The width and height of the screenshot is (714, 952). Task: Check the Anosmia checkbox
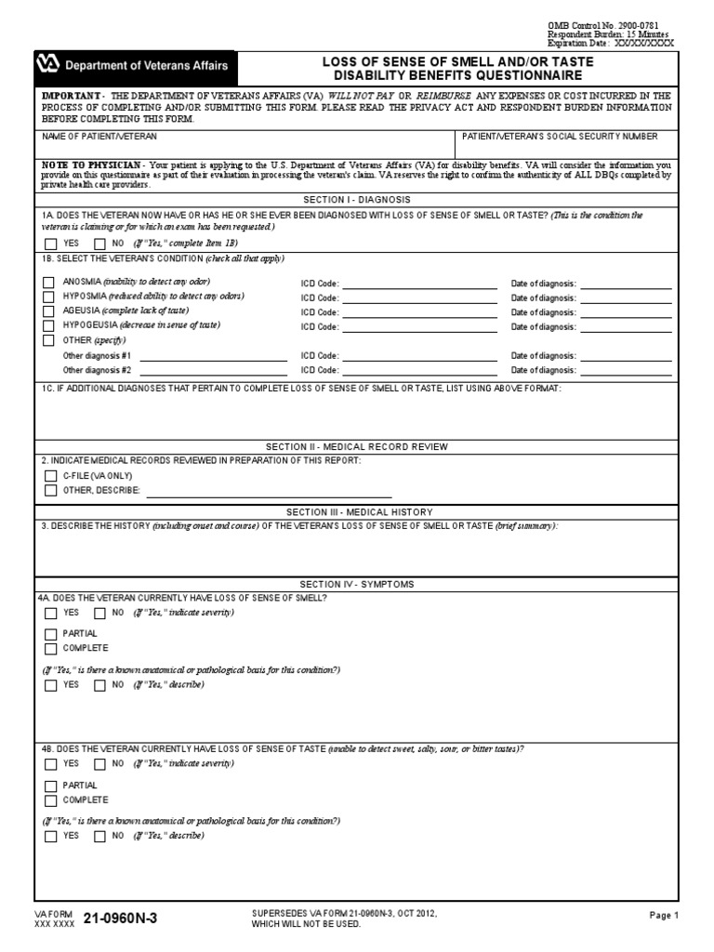pos(49,282)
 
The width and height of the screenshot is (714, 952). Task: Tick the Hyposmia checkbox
pos(49,297)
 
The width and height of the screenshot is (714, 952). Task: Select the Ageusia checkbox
pos(49,311)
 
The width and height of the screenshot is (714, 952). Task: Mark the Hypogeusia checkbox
pos(49,326)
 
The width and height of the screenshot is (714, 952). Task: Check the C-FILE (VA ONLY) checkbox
pos(50,475)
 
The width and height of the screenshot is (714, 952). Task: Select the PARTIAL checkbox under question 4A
pos(50,634)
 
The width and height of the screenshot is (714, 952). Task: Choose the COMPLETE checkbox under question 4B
pos(50,800)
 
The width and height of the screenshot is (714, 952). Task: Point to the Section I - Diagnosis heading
pos(357,200)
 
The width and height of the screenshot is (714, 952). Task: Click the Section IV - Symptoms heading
pos(357,584)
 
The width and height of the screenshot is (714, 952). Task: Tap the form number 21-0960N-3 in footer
pos(120,919)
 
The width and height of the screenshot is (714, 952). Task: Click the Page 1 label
pos(664,916)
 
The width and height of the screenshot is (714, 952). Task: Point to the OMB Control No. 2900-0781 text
pos(608,25)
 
